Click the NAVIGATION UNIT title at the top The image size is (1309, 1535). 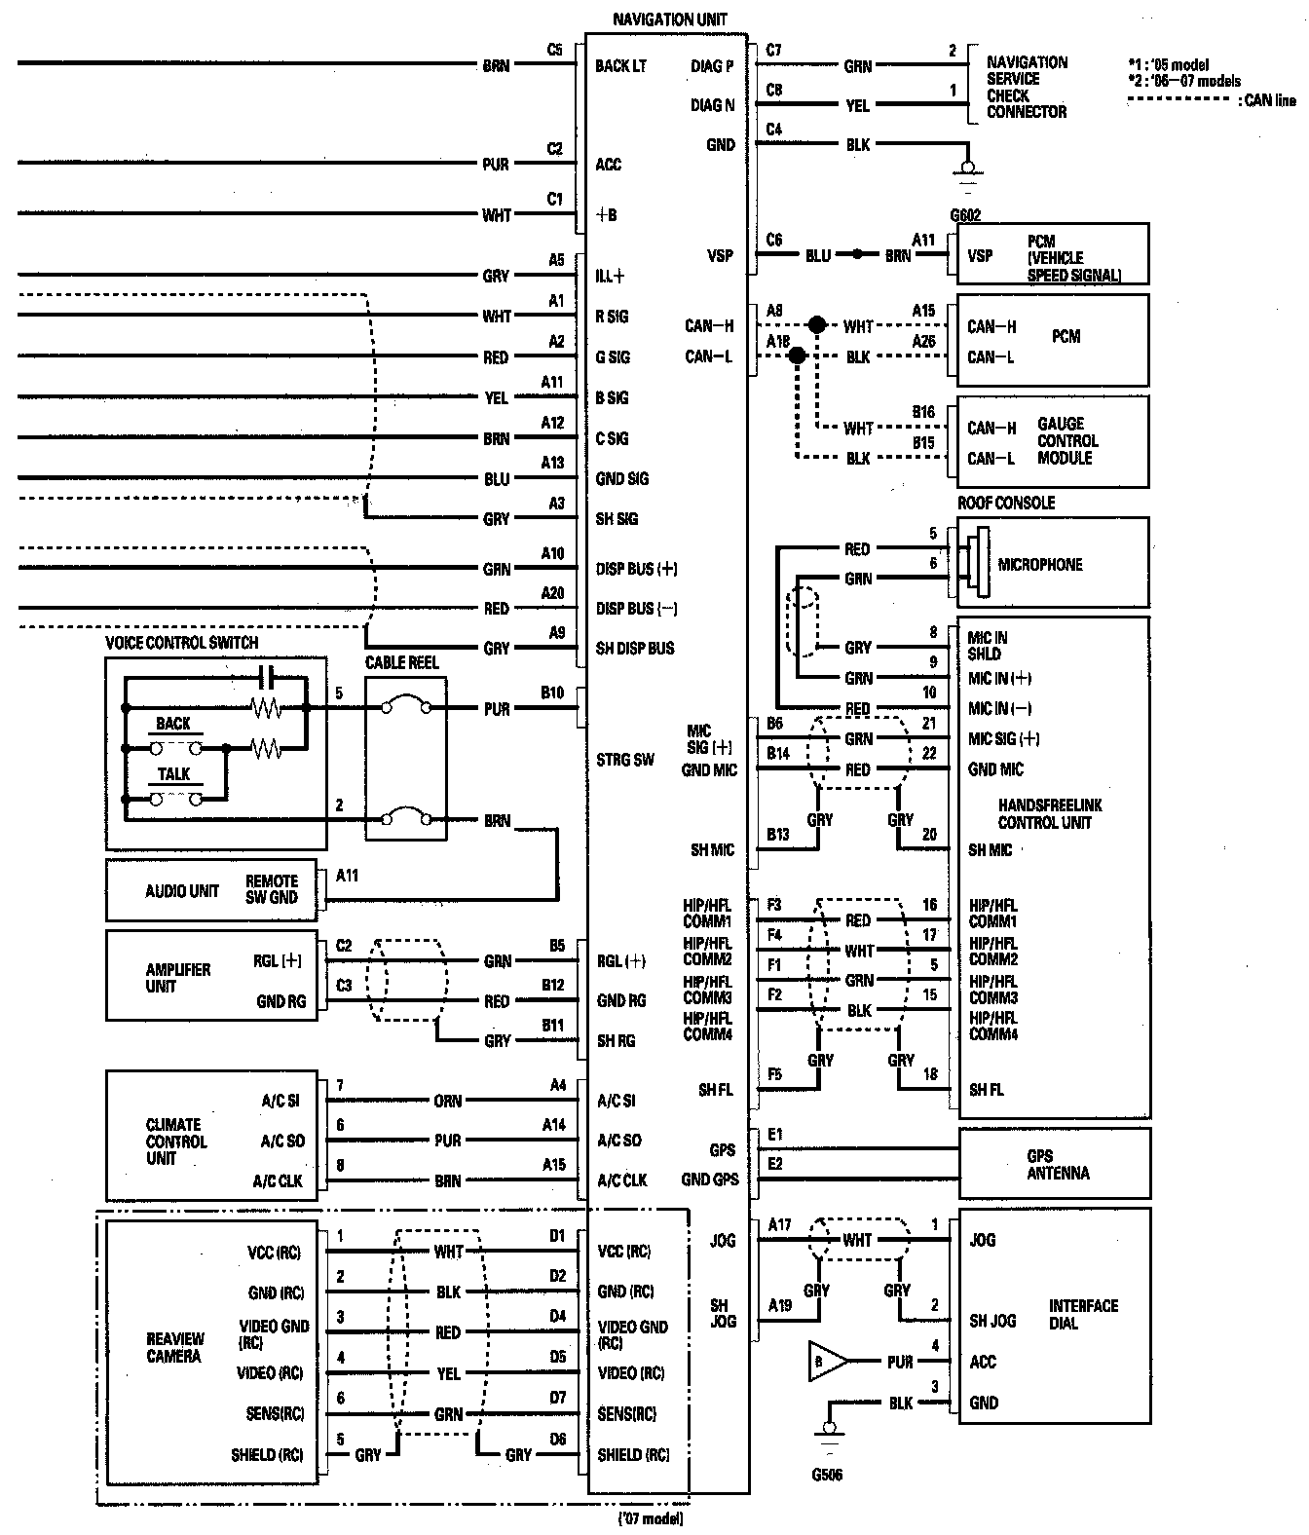669,19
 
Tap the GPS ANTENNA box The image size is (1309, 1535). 1057,1164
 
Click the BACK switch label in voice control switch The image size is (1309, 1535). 173,724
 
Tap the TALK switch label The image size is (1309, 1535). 173,774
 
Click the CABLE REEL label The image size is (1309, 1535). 402,662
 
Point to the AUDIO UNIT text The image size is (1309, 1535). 182,890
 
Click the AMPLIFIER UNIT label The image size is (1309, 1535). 177,977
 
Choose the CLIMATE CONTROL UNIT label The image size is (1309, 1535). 175,1141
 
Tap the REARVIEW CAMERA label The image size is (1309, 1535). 173,1347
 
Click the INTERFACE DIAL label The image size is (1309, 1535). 1083,1314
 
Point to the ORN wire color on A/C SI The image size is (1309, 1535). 448,1101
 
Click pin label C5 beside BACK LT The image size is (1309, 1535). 554,49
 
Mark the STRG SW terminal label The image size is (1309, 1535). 624,759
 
